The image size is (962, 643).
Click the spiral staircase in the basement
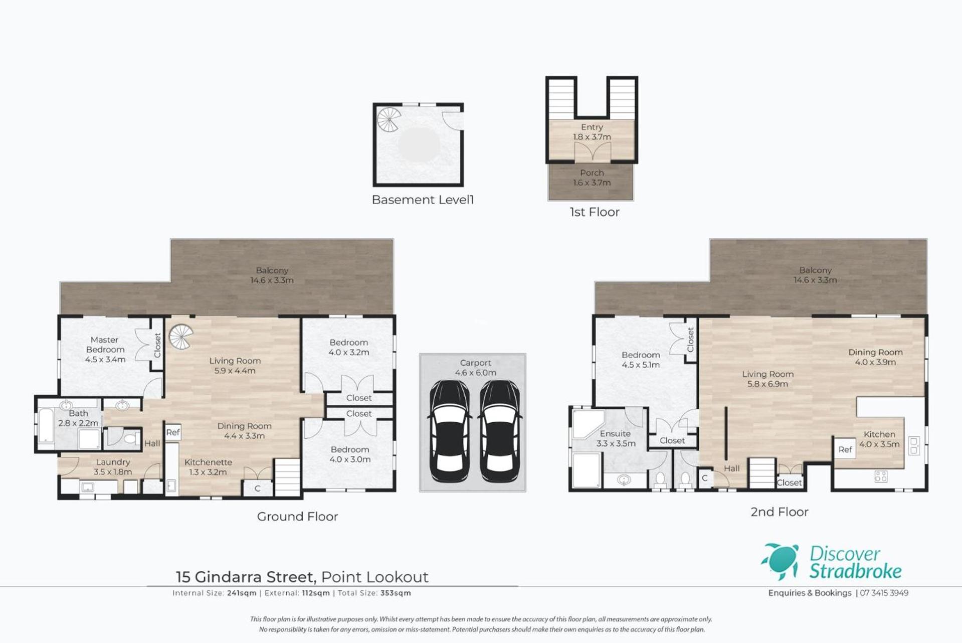coord(389,120)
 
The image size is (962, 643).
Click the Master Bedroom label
coord(105,345)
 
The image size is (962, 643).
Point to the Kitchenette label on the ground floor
coord(208,462)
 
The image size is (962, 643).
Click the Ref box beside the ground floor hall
coord(173,432)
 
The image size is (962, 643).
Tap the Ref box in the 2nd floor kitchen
coord(845,449)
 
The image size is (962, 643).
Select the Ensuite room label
coord(615,434)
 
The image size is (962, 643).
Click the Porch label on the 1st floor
coord(592,173)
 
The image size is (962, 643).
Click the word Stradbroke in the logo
coord(855,571)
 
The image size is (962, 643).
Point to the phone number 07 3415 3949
coord(884,593)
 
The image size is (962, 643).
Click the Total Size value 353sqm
coord(396,593)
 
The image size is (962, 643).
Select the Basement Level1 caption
coord(423,200)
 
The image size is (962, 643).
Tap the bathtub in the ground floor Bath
coord(46,426)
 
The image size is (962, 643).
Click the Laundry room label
coord(113,462)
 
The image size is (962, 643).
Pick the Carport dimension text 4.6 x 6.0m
coord(475,373)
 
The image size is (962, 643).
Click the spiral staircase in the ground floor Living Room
coord(180,337)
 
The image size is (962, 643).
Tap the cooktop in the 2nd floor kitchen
coord(881,476)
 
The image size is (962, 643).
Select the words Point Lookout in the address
coord(375,577)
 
